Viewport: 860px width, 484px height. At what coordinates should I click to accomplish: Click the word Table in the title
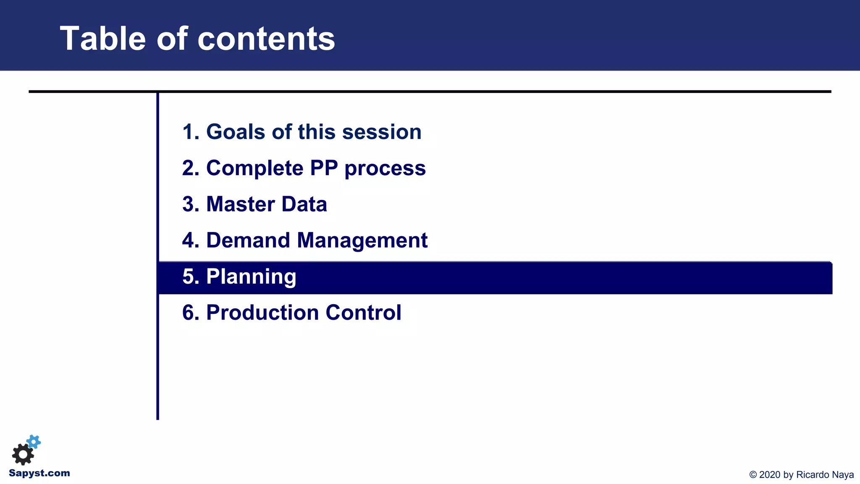click(x=102, y=39)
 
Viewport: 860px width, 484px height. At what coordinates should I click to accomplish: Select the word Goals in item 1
click(x=236, y=132)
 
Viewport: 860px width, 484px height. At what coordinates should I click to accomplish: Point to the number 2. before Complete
click(x=191, y=168)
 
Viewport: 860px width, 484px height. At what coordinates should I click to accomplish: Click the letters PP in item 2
click(x=324, y=168)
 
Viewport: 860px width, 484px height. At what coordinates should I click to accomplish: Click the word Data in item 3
click(x=304, y=204)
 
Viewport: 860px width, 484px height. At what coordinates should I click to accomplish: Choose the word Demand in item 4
click(x=248, y=240)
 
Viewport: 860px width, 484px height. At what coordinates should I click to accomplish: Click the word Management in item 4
click(x=362, y=240)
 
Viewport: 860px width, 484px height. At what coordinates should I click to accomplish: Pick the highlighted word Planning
click(x=251, y=277)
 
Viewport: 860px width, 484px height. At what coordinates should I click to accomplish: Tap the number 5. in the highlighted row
click(x=191, y=276)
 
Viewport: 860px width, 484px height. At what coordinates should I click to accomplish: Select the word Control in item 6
click(x=363, y=313)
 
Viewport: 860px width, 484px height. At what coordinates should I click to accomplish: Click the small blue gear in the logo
click(x=34, y=442)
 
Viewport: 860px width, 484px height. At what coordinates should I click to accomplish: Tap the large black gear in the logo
click(x=23, y=454)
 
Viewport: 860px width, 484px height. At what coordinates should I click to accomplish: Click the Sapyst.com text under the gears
click(x=39, y=473)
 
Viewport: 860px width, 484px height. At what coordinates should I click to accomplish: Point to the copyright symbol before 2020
click(x=753, y=475)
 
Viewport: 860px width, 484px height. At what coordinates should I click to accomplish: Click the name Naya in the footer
click(x=843, y=475)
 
